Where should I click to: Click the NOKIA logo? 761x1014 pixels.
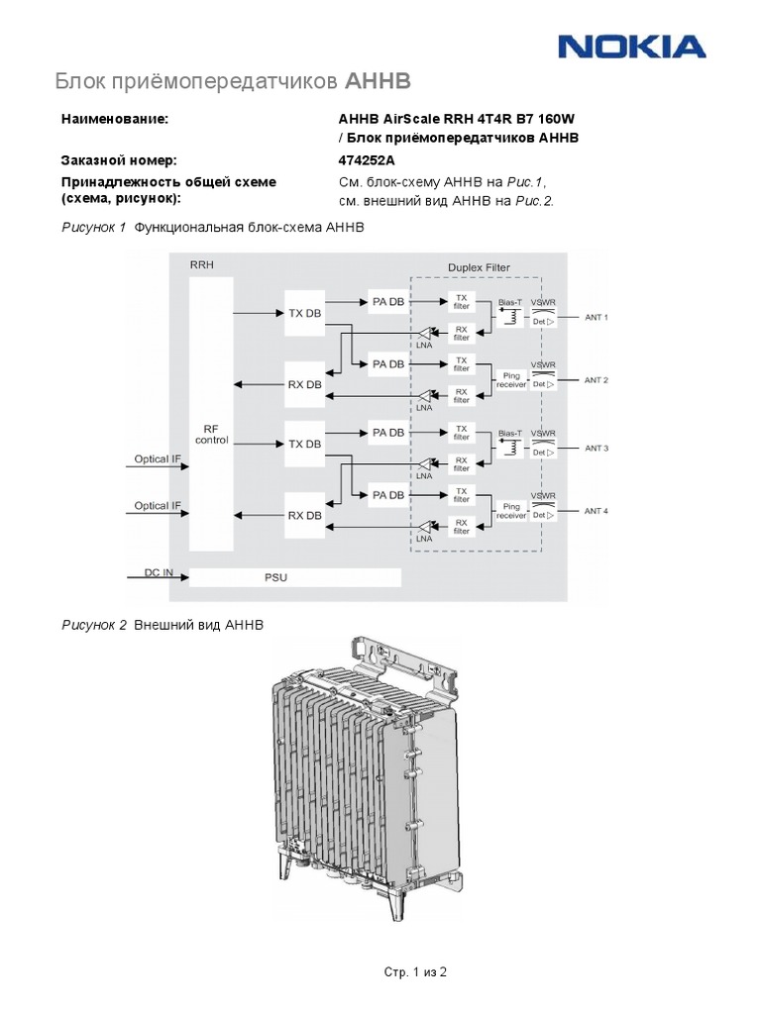[631, 47]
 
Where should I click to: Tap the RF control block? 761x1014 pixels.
[211, 434]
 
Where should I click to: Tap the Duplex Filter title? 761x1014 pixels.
[479, 266]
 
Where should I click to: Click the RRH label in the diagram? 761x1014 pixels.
[201, 264]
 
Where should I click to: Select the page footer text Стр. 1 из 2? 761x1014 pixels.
[416, 972]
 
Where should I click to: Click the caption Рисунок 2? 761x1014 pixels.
[95, 626]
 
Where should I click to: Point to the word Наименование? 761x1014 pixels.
[115, 119]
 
